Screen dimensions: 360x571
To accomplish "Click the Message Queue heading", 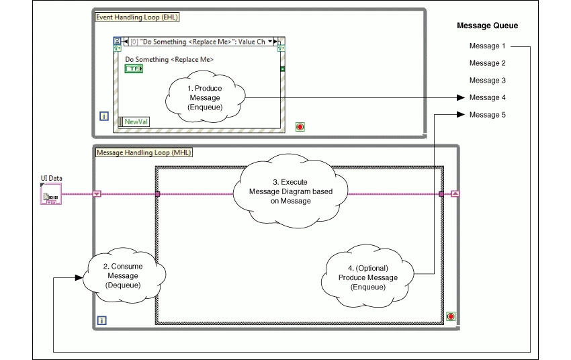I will pyautogui.click(x=487, y=26).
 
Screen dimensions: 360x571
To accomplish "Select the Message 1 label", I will pyautogui.click(x=487, y=46).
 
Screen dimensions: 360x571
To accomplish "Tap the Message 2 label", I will pyautogui.click(x=487, y=63).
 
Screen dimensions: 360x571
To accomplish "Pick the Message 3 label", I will pyautogui.click(x=487, y=81).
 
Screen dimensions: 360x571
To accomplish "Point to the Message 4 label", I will pyautogui.click(x=487, y=98).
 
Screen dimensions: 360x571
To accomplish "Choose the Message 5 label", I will pyautogui.click(x=487, y=115).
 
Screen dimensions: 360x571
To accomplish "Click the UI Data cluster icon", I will pyautogui.click(x=51, y=195).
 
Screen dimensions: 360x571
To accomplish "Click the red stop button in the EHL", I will pyautogui.click(x=300, y=126).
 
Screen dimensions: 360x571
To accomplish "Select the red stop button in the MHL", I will pyautogui.click(x=450, y=316).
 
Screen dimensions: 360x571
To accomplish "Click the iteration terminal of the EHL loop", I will pyautogui.click(x=104, y=116).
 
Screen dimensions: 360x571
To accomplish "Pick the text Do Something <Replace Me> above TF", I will pyautogui.click(x=169, y=60).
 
